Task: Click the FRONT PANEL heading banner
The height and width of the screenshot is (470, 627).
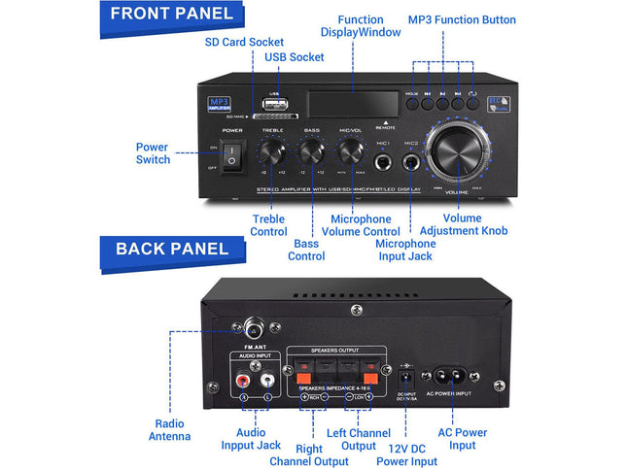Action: pyautogui.click(x=171, y=14)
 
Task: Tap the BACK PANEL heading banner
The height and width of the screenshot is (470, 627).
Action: pyautogui.click(x=171, y=249)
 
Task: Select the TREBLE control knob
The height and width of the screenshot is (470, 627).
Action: pyautogui.click(x=272, y=151)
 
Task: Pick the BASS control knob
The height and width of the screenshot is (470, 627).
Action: pyautogui.click(x=312, y=151)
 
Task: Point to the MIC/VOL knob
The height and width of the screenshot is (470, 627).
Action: pyautogui.click(x=351, y=151)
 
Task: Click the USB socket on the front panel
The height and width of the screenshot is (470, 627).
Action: pyautogui.click(x=274, y=105)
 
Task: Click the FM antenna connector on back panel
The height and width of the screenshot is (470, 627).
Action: pyautogui.click(x=259, y=328)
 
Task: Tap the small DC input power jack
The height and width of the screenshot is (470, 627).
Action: pyautogui.click(x=406, y=373)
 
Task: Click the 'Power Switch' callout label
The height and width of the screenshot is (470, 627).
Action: pyautogui.click(x=152, y=153)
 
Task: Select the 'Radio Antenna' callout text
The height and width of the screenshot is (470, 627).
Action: pyautogui.click(x=170, y=429)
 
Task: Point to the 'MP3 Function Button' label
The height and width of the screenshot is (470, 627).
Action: pyautogui.click(x=462, y=19)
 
